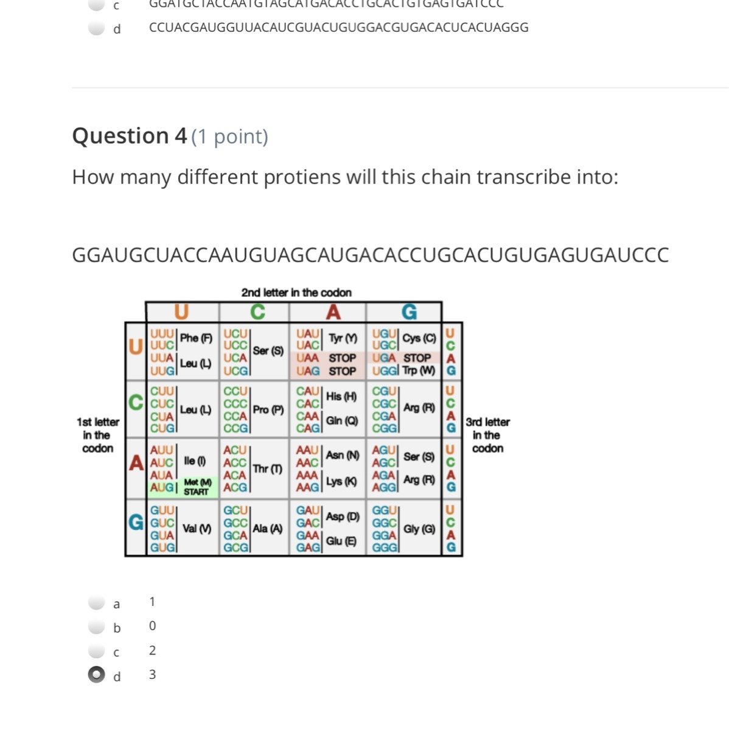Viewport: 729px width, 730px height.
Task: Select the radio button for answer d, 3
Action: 97,675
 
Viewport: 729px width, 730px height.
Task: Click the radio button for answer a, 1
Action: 97,602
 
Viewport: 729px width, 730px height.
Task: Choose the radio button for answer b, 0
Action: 97,627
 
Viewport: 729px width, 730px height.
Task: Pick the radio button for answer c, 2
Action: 97,651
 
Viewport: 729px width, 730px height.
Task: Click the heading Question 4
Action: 129,136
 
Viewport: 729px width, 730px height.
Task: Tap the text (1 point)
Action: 229,137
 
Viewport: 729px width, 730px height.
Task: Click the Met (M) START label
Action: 197,487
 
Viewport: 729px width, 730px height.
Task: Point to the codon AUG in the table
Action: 162,487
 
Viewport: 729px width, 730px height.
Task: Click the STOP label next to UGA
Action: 417,358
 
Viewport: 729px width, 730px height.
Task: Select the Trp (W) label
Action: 419,370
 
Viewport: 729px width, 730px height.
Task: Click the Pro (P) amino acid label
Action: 268,409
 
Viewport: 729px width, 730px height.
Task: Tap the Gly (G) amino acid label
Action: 419,529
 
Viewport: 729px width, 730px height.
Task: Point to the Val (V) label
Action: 197,529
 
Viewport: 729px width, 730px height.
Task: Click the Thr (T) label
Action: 268,468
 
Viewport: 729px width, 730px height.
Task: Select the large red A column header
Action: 333,312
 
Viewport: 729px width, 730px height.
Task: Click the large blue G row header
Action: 136,522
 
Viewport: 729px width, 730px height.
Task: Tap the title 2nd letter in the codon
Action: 296,293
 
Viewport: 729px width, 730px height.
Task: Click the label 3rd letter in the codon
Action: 487,435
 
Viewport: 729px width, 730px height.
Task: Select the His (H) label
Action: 341,397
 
